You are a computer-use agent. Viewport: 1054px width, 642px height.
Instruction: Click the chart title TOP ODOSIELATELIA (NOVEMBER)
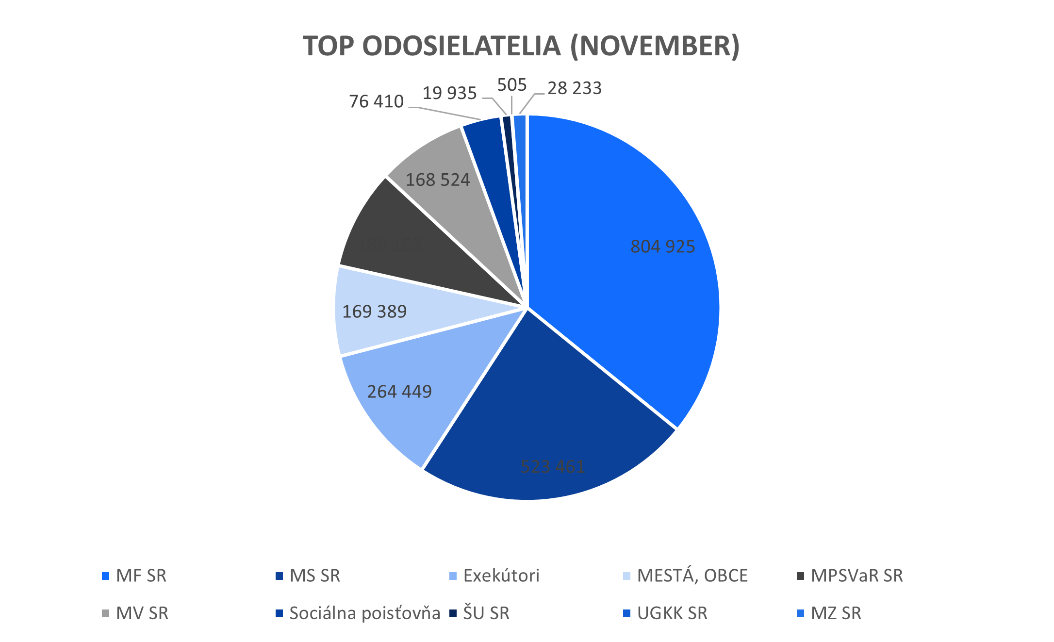pos(521,46)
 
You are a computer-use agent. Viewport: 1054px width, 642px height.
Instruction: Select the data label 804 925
pos(662,247)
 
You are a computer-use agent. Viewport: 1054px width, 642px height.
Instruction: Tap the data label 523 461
pos(552,466)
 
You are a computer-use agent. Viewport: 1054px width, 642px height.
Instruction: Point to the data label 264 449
pos(399,392)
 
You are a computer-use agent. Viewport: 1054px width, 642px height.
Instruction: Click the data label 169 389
pos(374,312)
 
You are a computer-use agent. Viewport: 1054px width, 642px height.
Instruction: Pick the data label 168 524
pos(437,180)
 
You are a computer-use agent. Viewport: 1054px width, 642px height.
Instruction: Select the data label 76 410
pos(376,101)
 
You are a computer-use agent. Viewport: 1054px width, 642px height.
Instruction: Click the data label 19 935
pos(449,93)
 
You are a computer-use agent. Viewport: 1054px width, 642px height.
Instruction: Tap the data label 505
pos(511,85)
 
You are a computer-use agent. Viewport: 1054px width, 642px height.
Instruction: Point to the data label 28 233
pos(574,88)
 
